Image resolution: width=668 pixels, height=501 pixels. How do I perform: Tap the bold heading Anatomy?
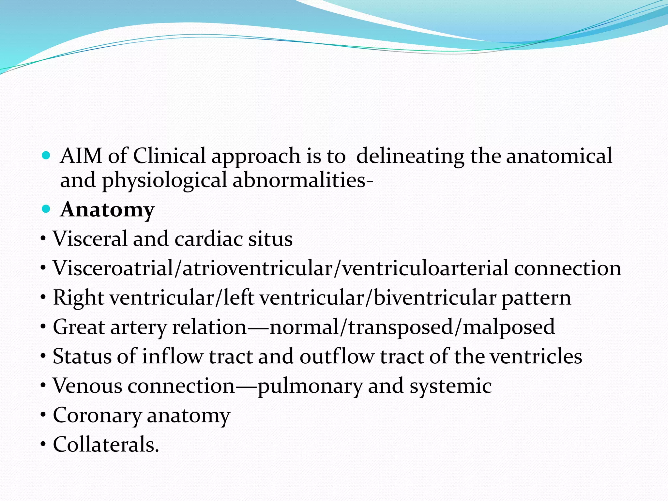pos(107,210)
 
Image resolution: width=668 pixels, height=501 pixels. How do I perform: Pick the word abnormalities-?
pos(303,180)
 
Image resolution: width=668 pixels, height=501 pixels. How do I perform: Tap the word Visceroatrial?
pos(113,268)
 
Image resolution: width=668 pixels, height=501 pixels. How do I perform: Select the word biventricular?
pos(434,298)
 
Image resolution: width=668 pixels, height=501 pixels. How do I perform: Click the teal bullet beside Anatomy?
pos(46,209)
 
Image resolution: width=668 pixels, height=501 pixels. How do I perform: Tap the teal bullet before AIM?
pos(46,155)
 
